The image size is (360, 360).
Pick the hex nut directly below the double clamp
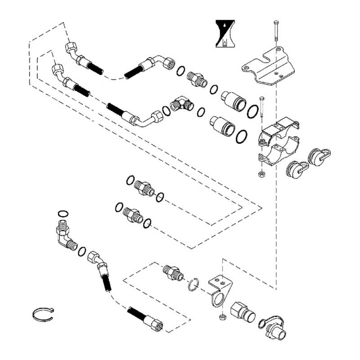coord(261,173)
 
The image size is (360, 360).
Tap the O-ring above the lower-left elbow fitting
coord(63,213)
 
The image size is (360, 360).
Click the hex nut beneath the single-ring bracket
coord(222,319)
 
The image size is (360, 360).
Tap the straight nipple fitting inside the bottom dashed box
coord(172,271)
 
